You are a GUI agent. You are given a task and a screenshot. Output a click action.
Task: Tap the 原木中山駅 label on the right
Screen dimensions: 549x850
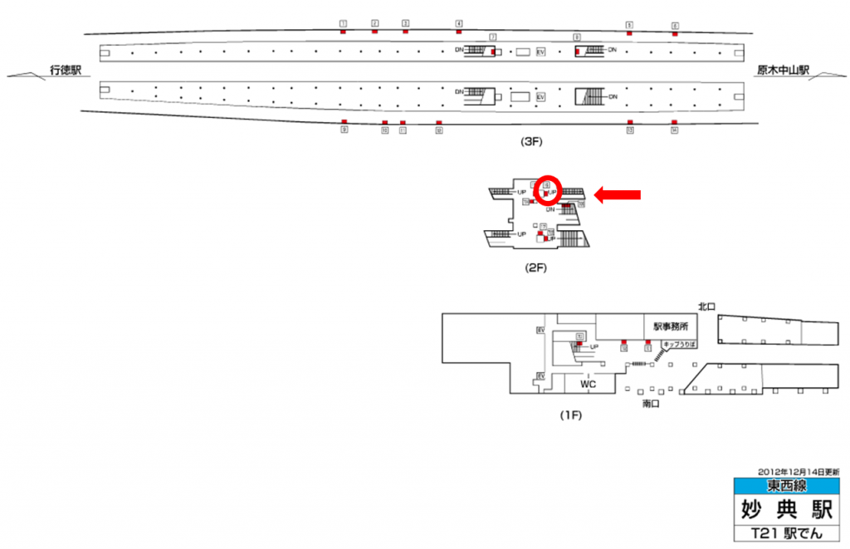[x=782, y=71]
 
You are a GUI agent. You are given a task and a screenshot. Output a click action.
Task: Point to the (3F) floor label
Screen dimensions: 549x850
[x=530, y=142]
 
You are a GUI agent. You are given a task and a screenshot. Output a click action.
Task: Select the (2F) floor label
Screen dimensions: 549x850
[x=535, y=267]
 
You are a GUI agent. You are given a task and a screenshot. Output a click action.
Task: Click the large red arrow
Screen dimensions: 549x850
[x=618, y=194]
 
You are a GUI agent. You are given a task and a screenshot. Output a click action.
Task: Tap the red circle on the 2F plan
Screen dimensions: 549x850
[x=548, y=190]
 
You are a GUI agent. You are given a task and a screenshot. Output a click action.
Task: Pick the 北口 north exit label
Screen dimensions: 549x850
[x=706, y=306]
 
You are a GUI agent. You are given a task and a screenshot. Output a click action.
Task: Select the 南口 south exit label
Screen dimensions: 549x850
[x=651, y=404]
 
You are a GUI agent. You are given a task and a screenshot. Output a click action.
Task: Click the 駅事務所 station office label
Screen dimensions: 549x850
[x=670, y=326]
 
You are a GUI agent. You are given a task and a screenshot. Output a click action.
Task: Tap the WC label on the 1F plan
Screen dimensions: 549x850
[x=589, y=385]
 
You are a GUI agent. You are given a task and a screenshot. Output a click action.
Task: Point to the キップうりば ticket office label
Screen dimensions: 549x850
[x=678, y=343]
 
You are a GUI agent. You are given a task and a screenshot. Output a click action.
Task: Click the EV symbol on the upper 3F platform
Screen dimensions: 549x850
[x=541, y=51]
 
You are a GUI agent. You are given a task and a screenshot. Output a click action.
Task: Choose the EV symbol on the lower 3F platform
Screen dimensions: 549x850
[x=541, y=97]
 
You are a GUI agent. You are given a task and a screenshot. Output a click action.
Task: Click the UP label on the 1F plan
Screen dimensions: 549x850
[x=594, y=346]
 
